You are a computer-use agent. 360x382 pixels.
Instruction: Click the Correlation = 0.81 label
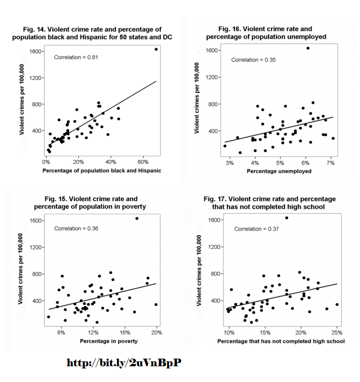click(76, 57)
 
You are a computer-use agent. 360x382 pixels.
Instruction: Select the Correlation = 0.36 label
click(76, 228)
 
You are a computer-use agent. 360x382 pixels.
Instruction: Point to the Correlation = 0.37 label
click(256, 229)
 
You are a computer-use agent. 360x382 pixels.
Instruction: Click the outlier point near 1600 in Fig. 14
click(156, 49)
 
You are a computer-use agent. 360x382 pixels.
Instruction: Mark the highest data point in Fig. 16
click(307, 48)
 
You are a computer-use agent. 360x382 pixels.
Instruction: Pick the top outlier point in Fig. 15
click(136, 218)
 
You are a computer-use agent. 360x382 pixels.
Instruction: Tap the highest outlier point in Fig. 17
click(287, 218)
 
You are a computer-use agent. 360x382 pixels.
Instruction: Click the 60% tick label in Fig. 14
click(144, 161)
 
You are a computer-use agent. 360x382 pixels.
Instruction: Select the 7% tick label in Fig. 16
click(330, 162)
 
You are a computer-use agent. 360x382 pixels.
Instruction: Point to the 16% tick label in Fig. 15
click(125, 333)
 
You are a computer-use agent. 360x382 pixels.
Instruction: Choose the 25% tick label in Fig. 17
click(337, 333)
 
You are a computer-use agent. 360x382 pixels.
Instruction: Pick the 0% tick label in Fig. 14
click(46, 161)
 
